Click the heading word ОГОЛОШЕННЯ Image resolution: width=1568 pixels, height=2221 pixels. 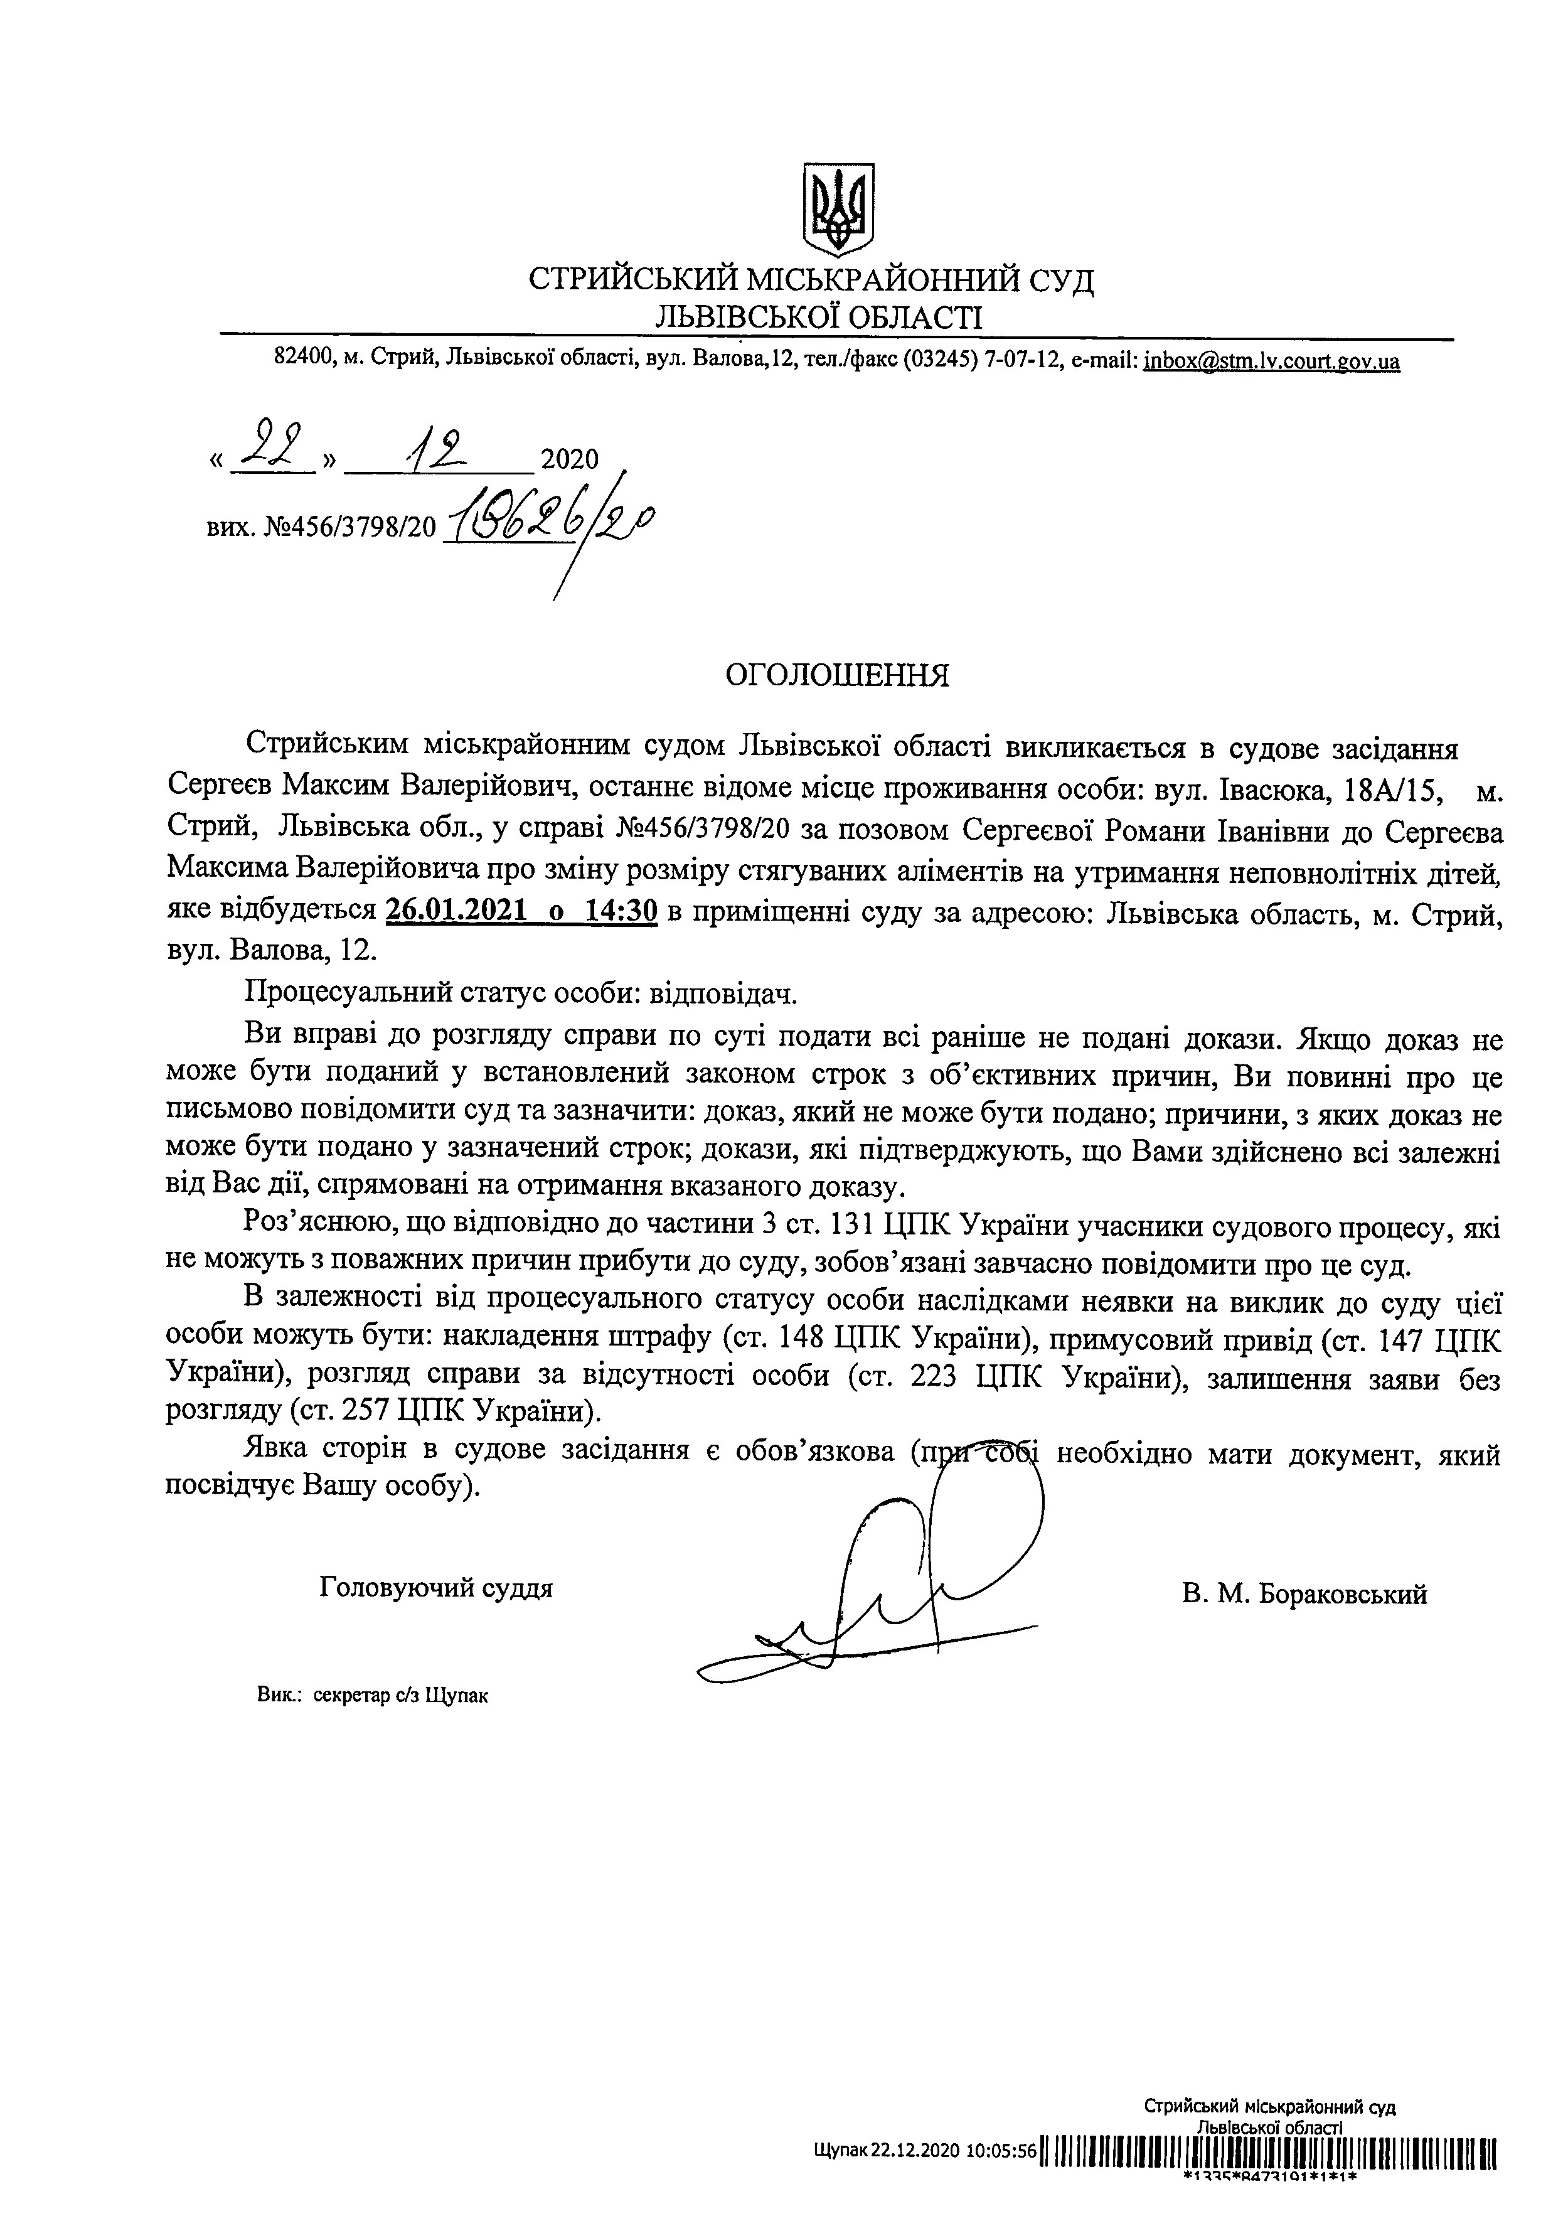coord(838,674)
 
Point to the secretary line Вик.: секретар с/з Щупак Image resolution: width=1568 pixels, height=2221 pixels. coord(373,1696)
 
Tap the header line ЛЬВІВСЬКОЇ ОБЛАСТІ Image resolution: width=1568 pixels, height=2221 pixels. coord(818,316)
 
